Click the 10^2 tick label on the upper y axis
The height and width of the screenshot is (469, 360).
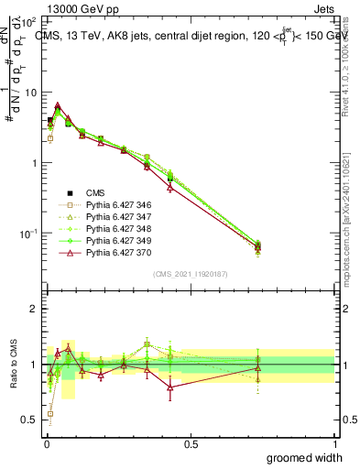pos(28,21)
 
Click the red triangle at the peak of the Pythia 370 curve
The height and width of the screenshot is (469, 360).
pos(58,105)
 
